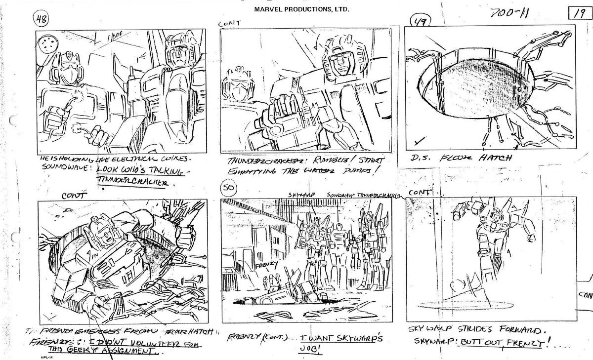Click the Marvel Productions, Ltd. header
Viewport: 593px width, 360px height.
coord(302,9)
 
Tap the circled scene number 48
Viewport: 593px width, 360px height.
coord(41,20)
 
